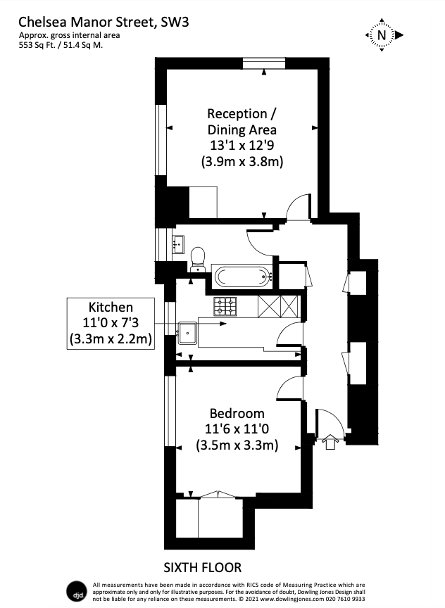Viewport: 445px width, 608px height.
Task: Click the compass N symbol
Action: tap(382, 34)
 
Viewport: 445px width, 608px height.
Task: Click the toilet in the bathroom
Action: tap(198, 258)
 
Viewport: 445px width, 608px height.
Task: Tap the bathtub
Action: tap(242, 275)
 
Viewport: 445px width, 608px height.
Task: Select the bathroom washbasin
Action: tap(177, 245)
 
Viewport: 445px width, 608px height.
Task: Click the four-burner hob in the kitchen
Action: tap(226, 306)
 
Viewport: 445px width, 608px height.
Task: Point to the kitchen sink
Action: tap(188, 331)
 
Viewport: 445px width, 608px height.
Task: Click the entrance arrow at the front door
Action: tap(330, 443)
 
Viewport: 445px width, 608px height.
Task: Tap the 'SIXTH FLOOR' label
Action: tap(203, 566)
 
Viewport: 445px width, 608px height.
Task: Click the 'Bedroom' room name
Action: tap(237, 413)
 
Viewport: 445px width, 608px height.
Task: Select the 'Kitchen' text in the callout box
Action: tap(110, 308)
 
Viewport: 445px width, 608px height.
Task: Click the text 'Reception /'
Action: tap(237, 113)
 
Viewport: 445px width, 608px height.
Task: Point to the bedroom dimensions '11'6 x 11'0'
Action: tap(237, 429)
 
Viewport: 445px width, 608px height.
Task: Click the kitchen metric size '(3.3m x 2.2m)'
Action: tap(111, 340)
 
